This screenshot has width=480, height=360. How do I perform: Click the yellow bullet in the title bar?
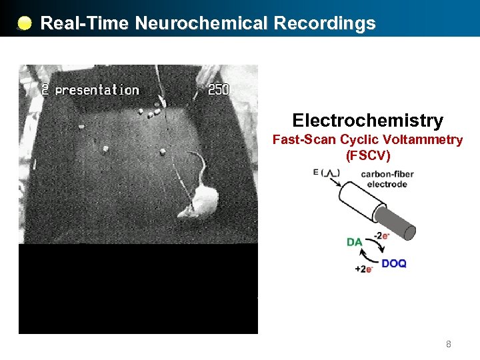click(x=24, y=24)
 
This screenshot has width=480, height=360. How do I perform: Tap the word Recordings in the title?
click(x=325, y=23)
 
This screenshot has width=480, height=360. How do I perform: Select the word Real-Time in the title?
click(x=85, y=23)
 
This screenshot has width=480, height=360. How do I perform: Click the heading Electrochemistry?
click(x=367, y=121)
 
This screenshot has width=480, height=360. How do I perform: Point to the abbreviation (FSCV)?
click(x=367, y=155)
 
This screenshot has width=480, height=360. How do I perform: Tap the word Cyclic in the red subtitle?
click(x=361, y=140)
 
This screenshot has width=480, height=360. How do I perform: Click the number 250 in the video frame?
click(x=219, y=89)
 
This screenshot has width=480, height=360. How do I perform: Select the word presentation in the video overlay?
click(x=97, y=90)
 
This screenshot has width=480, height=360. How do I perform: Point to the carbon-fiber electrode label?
click(x=387, y=179)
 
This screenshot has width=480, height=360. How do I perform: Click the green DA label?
click(x=355, y=242)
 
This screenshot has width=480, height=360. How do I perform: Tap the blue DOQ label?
click(x=393, y=263)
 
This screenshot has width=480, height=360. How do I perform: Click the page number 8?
click(x=449, y=345)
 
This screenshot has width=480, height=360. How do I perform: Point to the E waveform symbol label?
click(x=326, y=173)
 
